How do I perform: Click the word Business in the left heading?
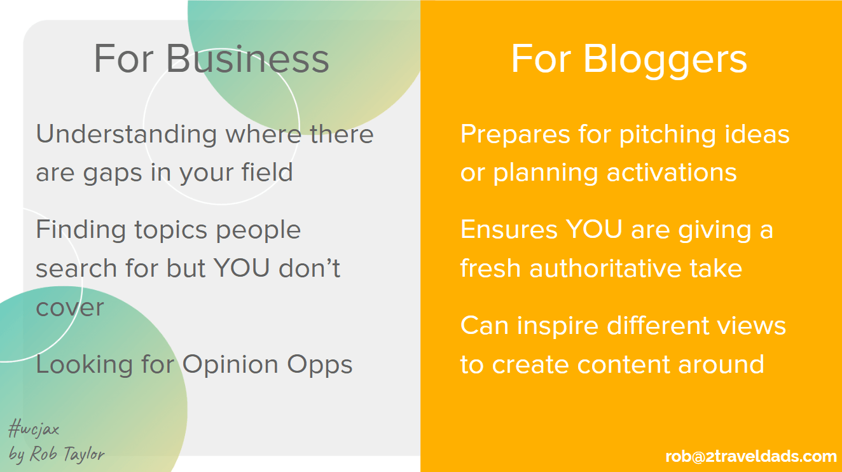(x=247, y=59)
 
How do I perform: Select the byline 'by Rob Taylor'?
(x=57, y=454)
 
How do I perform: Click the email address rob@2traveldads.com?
(x=751, y=457)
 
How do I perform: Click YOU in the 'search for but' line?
(x=242, y=268)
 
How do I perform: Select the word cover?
(x=69, y=308)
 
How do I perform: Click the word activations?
(x=672, y=172)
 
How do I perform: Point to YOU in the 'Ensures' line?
(x=594, y=230)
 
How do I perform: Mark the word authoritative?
(x=605, y=268)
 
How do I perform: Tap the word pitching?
(x=668, y=135)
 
